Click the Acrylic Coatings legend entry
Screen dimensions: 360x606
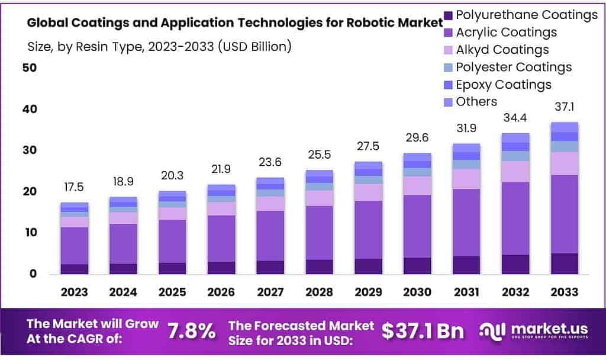(x=506, y=32)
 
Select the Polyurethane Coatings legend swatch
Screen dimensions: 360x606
(x=447, y=15)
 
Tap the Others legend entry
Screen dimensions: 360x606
(x=476, y=101)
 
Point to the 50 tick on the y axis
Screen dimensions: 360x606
(x=30, y=67)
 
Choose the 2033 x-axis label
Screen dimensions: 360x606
(x=563, y=291)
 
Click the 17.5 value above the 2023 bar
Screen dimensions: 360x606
(x=74, y=187)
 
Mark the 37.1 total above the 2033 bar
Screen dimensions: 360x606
(x=563, y=107)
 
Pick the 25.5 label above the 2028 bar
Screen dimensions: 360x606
(x=318, y=155)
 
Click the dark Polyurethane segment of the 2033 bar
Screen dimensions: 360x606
(x=563, y=263)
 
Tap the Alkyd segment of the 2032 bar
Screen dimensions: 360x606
(x=514, y=171)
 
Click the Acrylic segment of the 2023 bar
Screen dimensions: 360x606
(x=74, y=246)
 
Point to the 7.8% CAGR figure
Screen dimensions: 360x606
(x=192, y=331)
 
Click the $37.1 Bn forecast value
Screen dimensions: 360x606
(x=423, y=331)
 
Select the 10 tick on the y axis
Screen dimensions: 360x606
(x=30, y=233)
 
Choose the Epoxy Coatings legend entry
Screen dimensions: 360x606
(x=503, y=84)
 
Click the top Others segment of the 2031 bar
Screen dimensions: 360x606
(x=466, y=147)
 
